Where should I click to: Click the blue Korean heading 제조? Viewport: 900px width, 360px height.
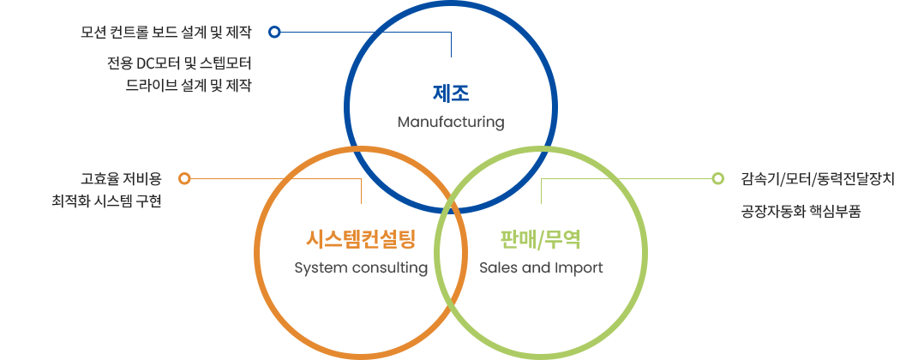(x=451, y=92)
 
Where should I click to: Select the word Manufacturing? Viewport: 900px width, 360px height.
(x=451, y=122)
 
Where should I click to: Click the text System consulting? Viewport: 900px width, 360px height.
(x=360, y=267)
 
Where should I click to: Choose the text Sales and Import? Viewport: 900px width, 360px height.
(x=541, y=267)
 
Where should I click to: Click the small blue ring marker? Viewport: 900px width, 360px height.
(x=274, y=33)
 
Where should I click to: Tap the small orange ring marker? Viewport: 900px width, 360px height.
(x=184, y=179)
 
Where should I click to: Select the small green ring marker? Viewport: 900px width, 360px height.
(x=717, y=179)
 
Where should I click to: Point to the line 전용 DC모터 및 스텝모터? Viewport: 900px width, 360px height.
(x=180, y=64)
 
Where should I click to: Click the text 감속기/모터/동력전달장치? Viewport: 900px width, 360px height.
(x=817, y=180)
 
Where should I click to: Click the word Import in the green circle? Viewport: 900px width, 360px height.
(x=581, y=267)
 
